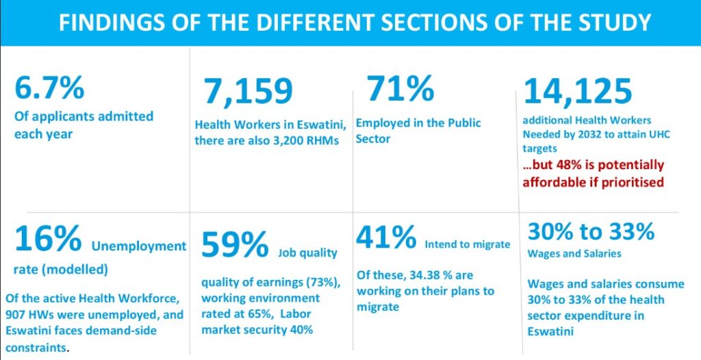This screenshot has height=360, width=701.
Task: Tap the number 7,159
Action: coord(248,92)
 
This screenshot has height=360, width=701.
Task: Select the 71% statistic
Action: coord(400,88)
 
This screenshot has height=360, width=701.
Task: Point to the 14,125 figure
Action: coord(578,91)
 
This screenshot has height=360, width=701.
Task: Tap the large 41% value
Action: coord(385,237)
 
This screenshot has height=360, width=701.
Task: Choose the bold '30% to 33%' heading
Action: coord(591,232)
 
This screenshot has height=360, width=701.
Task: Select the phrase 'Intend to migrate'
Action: coord(468,244)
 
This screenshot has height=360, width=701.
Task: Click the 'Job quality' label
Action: coord(307,253)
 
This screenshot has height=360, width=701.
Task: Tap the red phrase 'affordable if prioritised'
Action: coord(593,182)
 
